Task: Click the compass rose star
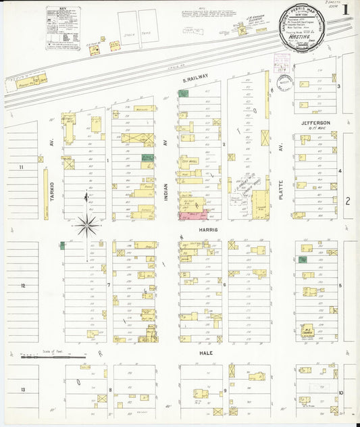point(86,226)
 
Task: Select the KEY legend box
point(63,28)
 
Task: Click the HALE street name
point(206,353)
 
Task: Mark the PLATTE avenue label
point(280,182)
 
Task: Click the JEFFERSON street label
point(315,123)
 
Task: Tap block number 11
point(22,167)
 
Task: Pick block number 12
point(23,286)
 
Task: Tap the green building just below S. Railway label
point(183,93)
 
